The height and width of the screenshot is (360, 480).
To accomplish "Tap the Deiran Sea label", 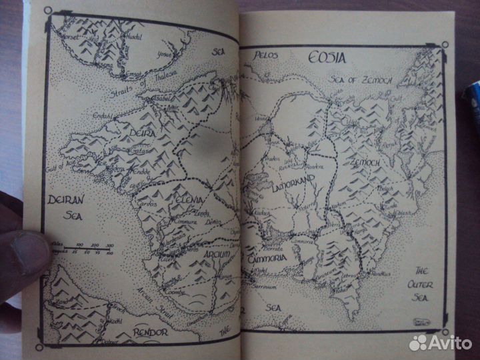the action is coord(65,208).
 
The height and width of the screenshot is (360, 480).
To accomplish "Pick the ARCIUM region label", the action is coord(202,254).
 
